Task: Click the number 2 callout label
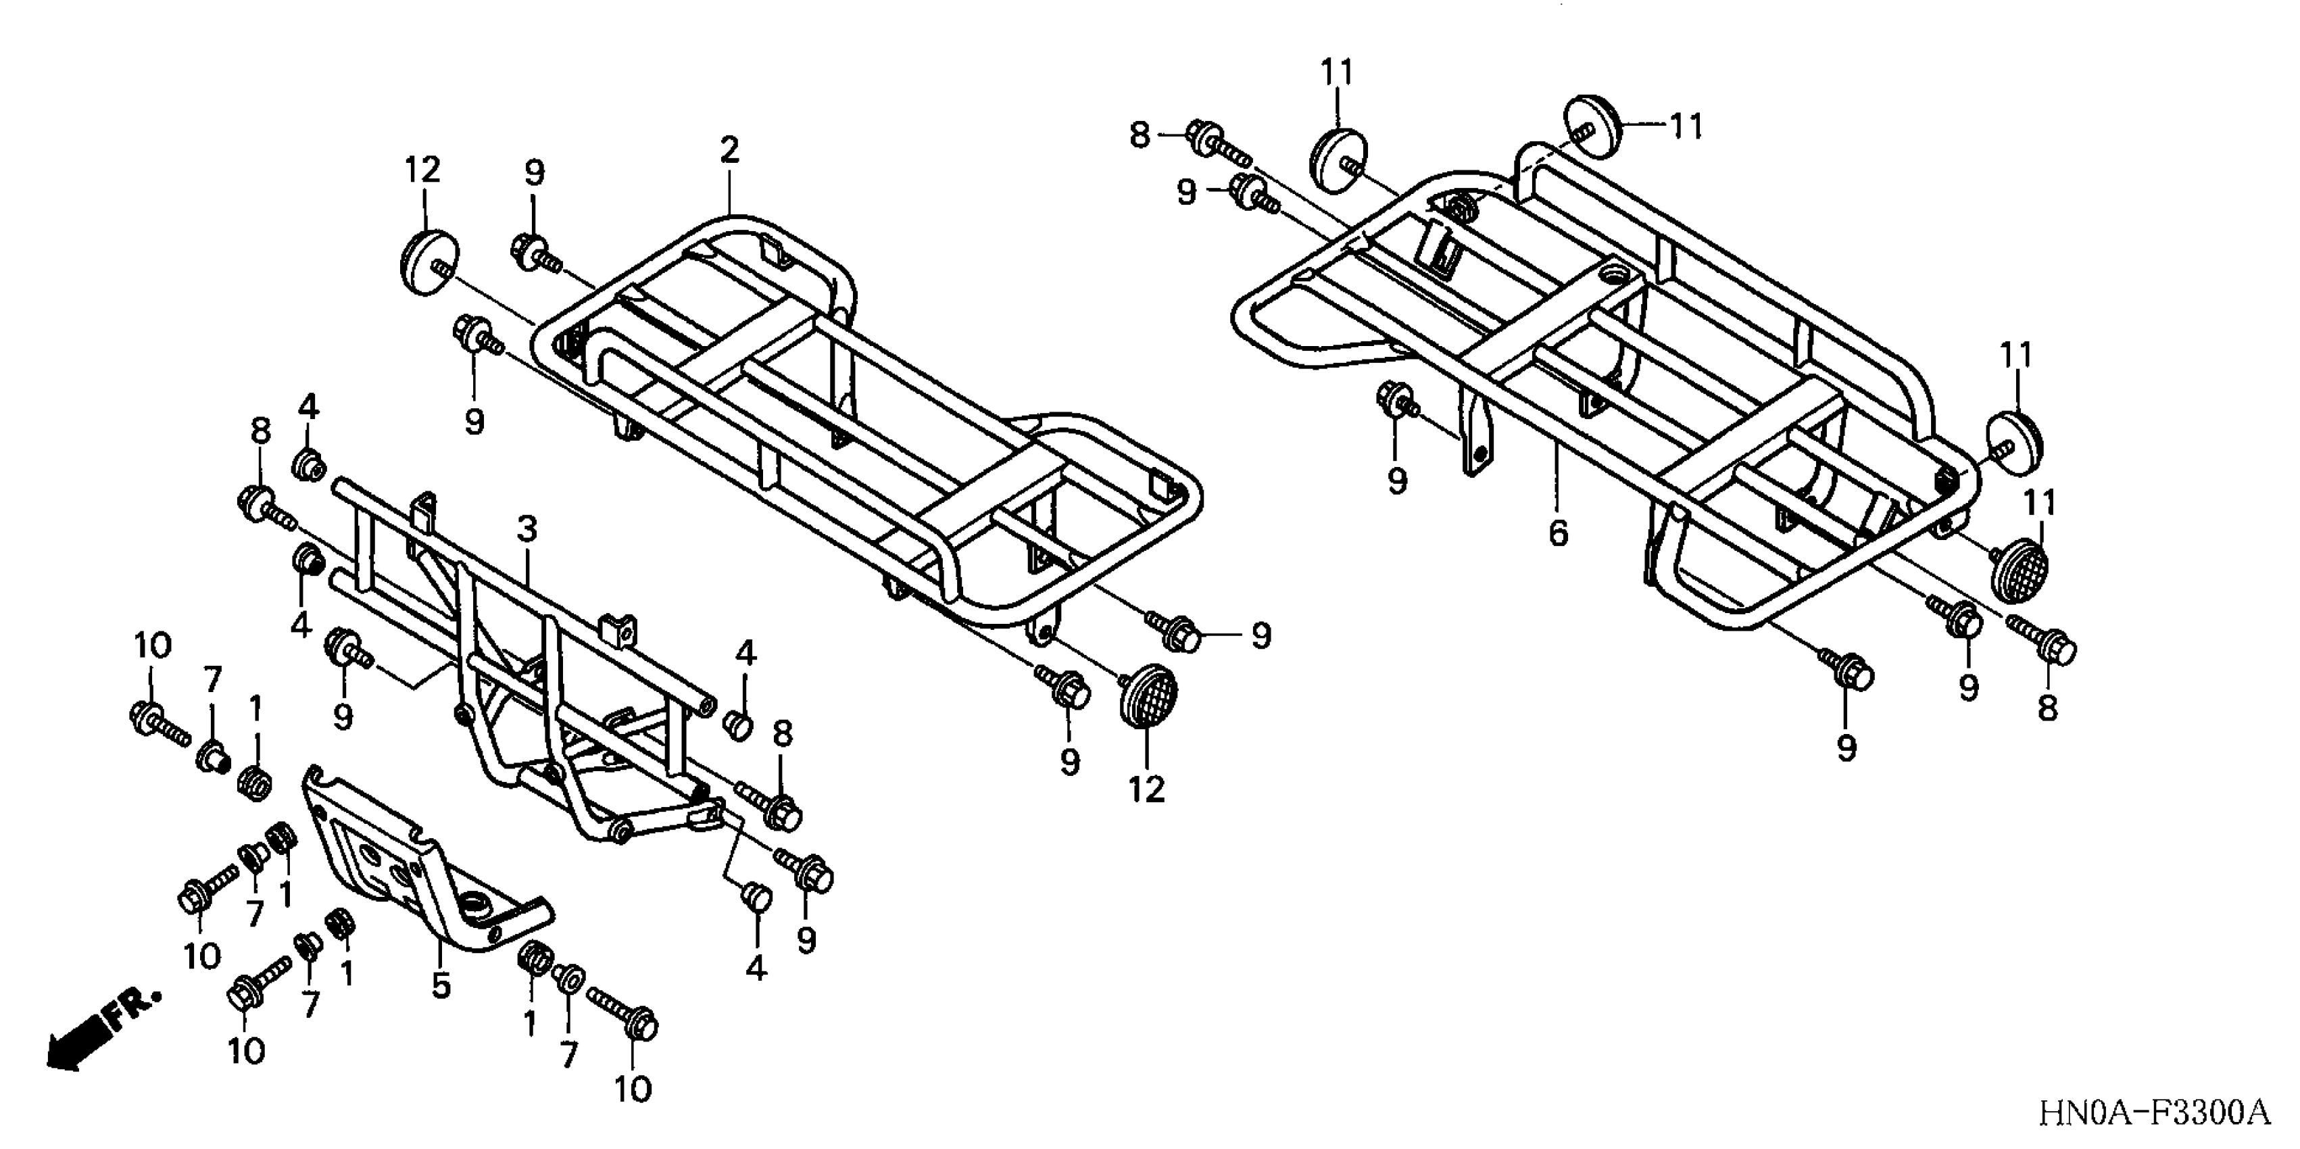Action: [729, 150]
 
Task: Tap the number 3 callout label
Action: [528, 529]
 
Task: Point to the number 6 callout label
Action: [1558, 533]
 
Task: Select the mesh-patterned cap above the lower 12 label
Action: [1148, 696]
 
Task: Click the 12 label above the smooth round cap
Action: [423, 170]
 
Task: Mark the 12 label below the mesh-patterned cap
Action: [1146, 789]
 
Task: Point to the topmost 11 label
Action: [1338, 72]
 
